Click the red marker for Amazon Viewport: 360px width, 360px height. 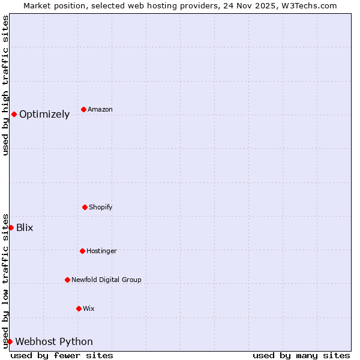[x=83, y=109]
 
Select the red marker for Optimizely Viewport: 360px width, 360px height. [x=14, y=114]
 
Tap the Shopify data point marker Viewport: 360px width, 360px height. [x=85, y=207]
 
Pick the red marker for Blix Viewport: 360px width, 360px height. [x=11, y=227]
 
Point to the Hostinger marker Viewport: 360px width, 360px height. [x=82, y=251]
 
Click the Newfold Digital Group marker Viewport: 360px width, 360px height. [x=67, y=280]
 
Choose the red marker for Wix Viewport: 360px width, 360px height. [x=79, y=308]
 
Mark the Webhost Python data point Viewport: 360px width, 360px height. [x=10, y=341]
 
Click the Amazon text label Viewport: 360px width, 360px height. [x=100, y=110]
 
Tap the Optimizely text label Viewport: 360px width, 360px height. [x=44, y=115]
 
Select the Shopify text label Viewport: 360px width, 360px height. [x=101, y=208]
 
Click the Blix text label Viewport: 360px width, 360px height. [x=25, y=228]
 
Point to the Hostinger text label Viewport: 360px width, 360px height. [x=101, y=251]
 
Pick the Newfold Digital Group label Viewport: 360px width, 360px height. [x=106, y=280]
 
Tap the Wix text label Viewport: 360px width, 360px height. [x=89, y=309]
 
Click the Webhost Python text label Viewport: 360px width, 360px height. [x=54, y=342]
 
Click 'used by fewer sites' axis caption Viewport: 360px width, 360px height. [x=62, y=356]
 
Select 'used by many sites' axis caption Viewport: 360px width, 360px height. [x=301, y=356]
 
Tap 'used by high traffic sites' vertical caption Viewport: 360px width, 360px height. [x=5, y=85]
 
